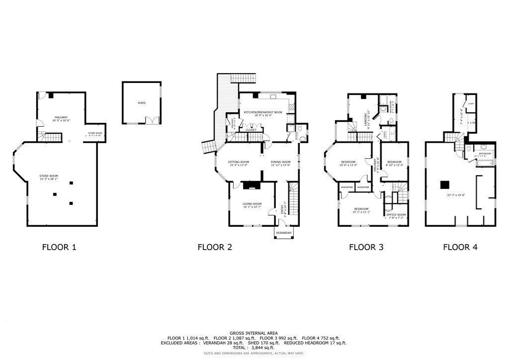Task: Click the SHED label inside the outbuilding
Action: click(142, 103)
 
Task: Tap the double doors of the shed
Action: click(151, 120)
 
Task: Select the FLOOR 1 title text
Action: click(59, 247)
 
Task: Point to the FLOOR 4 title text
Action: click(460, 247)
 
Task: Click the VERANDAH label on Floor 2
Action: click(284, 232)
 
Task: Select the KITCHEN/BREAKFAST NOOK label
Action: click(263, 112)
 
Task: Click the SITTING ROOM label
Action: click(239, 162)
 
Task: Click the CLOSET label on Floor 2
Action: click(251, 130)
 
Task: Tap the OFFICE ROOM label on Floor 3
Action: click(396, 214)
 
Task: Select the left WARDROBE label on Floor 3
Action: click(346, 187)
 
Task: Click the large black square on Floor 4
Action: click(444, 184)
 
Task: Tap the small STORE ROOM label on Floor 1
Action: click(95, 133)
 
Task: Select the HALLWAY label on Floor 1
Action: click(61, 117)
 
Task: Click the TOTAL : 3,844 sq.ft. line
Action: click(254, 348)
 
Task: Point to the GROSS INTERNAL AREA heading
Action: click(254, 333)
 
